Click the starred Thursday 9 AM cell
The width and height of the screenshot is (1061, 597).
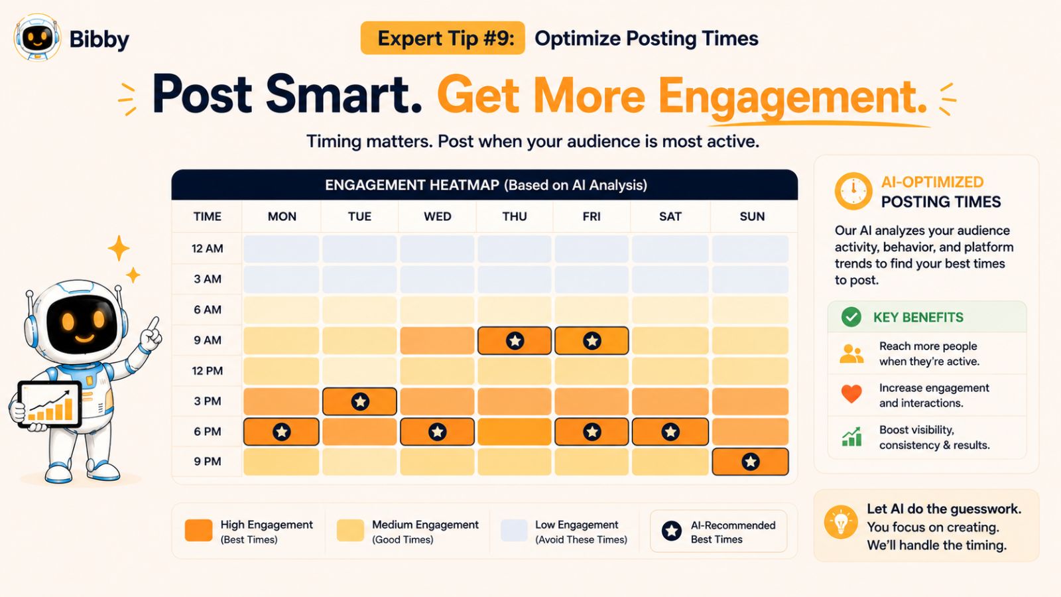pos(515,340)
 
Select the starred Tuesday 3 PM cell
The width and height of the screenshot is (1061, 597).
pos(359,401)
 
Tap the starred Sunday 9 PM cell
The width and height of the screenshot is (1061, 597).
pos(750,462)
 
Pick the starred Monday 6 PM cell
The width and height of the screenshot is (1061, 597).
pos(281,432)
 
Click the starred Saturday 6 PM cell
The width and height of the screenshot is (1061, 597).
pos(670,432)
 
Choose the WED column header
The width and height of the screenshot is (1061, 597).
pos(437,216)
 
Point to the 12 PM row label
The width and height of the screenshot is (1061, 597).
pos(207,371)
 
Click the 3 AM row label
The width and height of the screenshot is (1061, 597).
pos(207,279)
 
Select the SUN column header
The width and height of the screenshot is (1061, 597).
pos(752,216)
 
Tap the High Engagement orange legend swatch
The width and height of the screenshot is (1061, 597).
pos(198,530)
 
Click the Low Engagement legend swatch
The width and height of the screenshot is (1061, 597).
pos(514,530)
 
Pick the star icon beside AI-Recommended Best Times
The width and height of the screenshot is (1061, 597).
pos(671,531)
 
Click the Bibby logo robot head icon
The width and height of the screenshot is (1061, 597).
pos(37,37)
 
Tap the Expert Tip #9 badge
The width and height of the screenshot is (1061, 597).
pos(442,38)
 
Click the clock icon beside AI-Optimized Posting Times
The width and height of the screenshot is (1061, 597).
pos(853,191)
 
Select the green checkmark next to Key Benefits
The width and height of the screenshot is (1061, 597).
pos(851,317)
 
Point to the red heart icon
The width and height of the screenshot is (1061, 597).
pos(851,394)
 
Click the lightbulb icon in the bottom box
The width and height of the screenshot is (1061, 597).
pos(841,522)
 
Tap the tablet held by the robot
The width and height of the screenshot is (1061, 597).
pos(50,404)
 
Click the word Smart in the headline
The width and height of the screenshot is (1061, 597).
pos(343,94)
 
